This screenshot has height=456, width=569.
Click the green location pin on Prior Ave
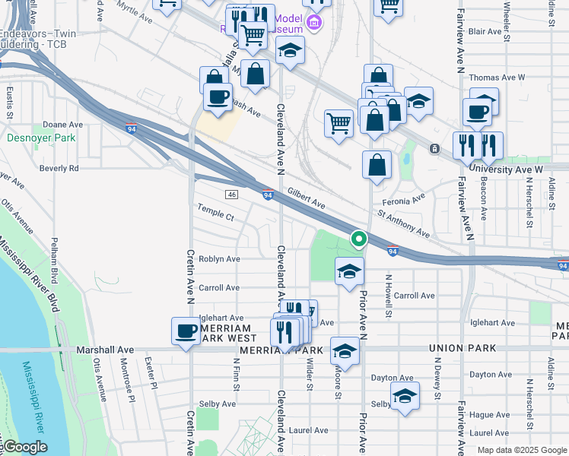(x=358, y=239)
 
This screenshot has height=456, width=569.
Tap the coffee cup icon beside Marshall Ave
(x=186, y=331)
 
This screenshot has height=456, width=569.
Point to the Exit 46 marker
(x=231, y=195)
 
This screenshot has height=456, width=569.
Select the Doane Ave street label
(x=62, y=125)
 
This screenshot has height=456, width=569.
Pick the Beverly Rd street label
(x=59, y=168)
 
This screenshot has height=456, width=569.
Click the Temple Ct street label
(x=215, y=214)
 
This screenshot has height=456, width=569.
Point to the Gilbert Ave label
(x=307, y=201)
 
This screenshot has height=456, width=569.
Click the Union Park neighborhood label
(x=463, y=348)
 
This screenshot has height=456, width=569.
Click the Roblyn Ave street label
(x=219, y=259)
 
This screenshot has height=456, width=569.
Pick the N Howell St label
(x=389, y=296)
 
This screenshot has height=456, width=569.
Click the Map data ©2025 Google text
(x=521, y=450)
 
